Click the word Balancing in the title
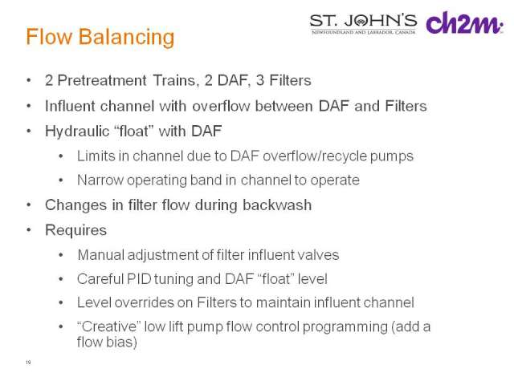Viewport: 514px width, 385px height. pos(126,38)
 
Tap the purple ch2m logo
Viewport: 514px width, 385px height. pos(464,22)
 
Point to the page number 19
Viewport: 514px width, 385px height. pos(28,362)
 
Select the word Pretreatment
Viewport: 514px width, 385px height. pos(102,80)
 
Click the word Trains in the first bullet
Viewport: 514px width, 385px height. pos(176,80)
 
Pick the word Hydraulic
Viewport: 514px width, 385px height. pos(77,132)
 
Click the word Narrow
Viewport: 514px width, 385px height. pos(100,180)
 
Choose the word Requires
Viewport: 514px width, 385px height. pos(76,230)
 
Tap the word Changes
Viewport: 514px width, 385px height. pos(76,206)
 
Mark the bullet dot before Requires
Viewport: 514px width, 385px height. pos(29,230)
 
